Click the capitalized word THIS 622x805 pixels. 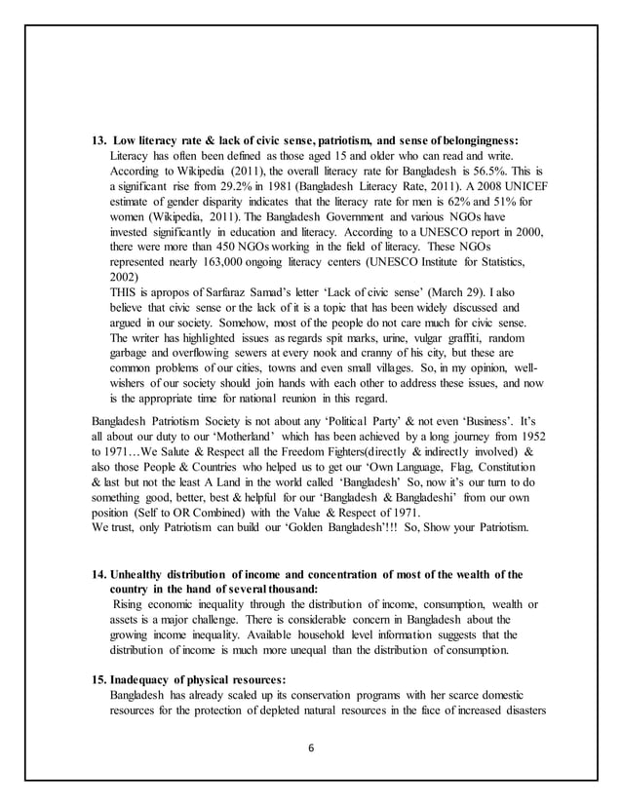click(128, 290)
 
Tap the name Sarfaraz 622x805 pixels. click(229, 290)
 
